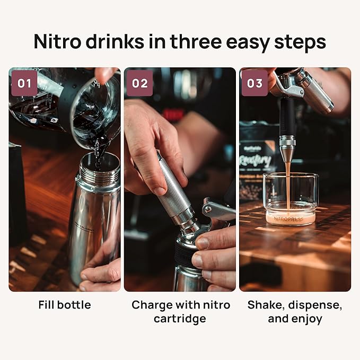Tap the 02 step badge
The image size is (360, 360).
140,83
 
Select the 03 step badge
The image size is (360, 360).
254,83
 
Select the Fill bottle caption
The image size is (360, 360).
65,305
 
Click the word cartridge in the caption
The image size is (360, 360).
180,319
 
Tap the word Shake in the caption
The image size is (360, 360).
266,305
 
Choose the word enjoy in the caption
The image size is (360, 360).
309,319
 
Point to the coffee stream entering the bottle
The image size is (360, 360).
99,151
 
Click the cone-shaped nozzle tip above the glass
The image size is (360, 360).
288,154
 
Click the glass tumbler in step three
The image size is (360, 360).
291,199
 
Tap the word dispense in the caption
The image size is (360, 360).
317,305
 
